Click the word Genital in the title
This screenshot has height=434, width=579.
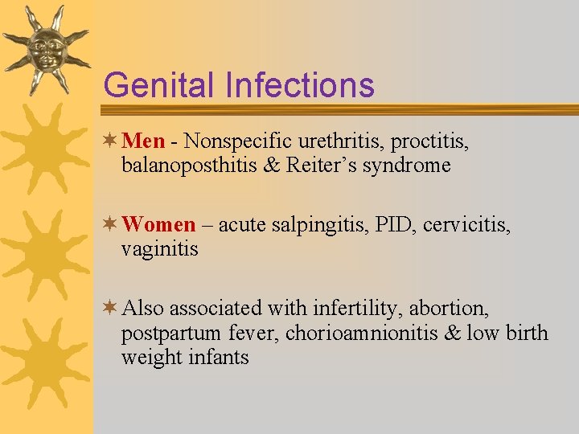tap(158, 85)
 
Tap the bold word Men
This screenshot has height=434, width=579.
tap(145, 141)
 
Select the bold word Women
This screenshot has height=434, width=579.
tap(160, 225)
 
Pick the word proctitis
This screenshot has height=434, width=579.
tap(430, 141)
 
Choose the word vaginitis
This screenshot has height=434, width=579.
tap(159, 250)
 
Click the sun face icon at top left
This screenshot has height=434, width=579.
tap(45, 48)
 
